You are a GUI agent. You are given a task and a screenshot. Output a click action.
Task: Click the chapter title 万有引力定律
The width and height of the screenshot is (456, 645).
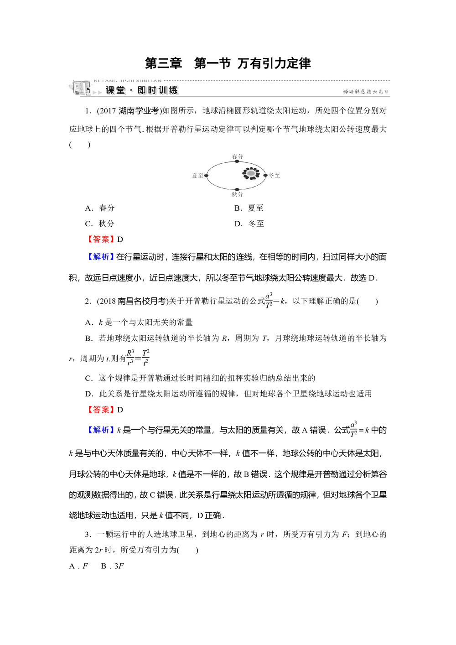tap(274, 63)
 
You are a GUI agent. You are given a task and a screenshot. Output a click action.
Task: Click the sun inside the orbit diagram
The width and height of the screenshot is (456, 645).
tap(251, 173)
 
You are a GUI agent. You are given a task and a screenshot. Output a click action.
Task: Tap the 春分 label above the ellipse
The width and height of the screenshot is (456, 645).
tap(238, 156)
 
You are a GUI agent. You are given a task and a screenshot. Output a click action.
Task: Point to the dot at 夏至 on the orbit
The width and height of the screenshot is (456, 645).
tap(207, 175)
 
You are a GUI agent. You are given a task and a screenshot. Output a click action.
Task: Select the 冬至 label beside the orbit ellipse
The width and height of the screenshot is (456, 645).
tap(275, 175)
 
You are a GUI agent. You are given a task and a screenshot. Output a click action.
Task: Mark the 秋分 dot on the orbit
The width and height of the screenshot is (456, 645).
tap(237, 189)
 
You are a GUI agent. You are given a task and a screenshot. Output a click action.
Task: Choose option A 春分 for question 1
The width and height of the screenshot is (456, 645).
tap(100, 208)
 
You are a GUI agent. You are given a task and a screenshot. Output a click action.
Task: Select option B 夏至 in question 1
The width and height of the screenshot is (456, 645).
tap(249, 208)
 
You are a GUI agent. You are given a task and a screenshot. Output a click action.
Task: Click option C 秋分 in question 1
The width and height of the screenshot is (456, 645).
tap(100, 224)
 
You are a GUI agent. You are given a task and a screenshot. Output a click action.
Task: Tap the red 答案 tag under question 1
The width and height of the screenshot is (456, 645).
tap(101, 239)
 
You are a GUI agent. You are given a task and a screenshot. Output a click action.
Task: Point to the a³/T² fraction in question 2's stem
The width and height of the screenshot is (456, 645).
tap(269, 301)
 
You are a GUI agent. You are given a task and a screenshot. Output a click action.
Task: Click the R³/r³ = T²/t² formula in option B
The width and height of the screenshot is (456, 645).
tap(138, 358)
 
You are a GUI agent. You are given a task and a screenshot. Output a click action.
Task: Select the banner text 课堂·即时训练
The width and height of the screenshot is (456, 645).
tap(142, 90)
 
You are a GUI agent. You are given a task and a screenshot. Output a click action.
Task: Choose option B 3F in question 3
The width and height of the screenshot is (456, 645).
tap(112, 566)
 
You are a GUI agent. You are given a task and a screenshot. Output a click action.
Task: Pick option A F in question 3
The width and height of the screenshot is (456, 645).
tap(78, 566)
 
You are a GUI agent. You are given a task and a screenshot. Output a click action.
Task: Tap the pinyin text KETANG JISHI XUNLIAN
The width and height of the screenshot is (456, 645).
tap(128, 81)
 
